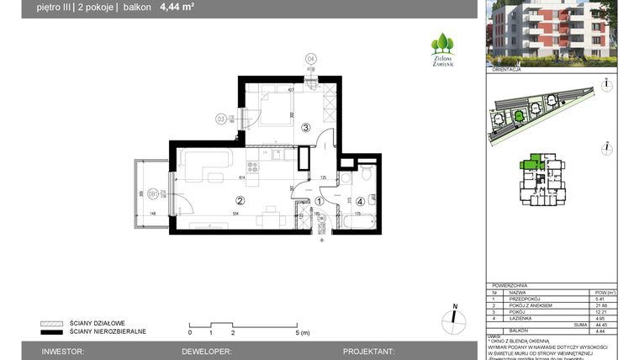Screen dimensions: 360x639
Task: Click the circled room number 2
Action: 240,201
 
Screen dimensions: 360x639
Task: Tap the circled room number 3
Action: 306,128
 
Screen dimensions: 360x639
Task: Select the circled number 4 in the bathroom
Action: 360,201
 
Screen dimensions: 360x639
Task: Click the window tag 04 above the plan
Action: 310,58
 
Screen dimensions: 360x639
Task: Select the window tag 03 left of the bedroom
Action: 221,119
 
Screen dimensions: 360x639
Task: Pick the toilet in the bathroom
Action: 367,175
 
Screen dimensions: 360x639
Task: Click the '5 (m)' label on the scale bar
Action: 304,333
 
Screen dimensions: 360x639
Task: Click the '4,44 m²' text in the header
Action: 178,9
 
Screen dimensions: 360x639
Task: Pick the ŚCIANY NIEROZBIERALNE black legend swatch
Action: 53,331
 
